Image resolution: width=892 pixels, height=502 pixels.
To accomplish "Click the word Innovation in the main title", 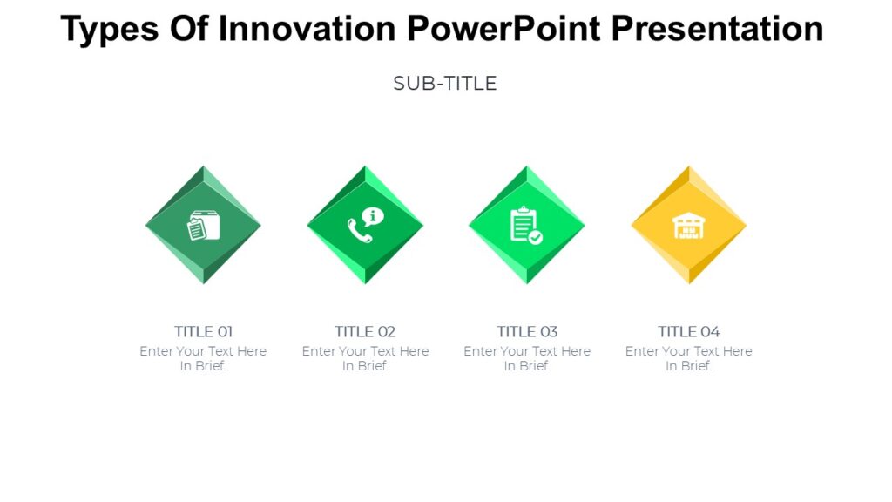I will tap(307, 29).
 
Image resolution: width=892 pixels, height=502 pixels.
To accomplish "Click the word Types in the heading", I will tap(109, 29).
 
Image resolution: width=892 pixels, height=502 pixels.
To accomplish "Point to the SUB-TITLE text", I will tap(445, 84).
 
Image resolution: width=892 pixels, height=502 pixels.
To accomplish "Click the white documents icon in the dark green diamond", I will tap(203, 226).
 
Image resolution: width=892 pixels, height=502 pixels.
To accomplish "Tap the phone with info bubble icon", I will tap(365, 225).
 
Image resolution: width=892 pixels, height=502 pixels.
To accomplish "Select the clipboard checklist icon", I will tap(526, 225).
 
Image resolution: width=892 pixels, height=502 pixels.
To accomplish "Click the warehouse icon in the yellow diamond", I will tap(688, 226).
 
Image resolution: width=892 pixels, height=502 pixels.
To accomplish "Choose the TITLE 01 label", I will tap(203, 331).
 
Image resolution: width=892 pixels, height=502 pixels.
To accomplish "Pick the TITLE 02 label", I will tap(365, 331).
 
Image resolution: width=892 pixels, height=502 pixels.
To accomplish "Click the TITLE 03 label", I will tap(527, 331).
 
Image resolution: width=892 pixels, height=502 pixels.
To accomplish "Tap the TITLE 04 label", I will tap(688, 331).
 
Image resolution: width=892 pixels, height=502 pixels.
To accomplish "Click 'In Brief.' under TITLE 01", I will tap(203, 366).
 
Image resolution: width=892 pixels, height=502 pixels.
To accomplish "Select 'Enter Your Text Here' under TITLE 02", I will tap(365, 351).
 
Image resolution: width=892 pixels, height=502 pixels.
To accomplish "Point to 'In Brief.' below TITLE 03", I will tap(527, 366).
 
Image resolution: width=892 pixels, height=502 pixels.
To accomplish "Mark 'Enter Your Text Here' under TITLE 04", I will tap(688, 351).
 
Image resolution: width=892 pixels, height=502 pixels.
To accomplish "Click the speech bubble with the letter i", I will tap(373, 216).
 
